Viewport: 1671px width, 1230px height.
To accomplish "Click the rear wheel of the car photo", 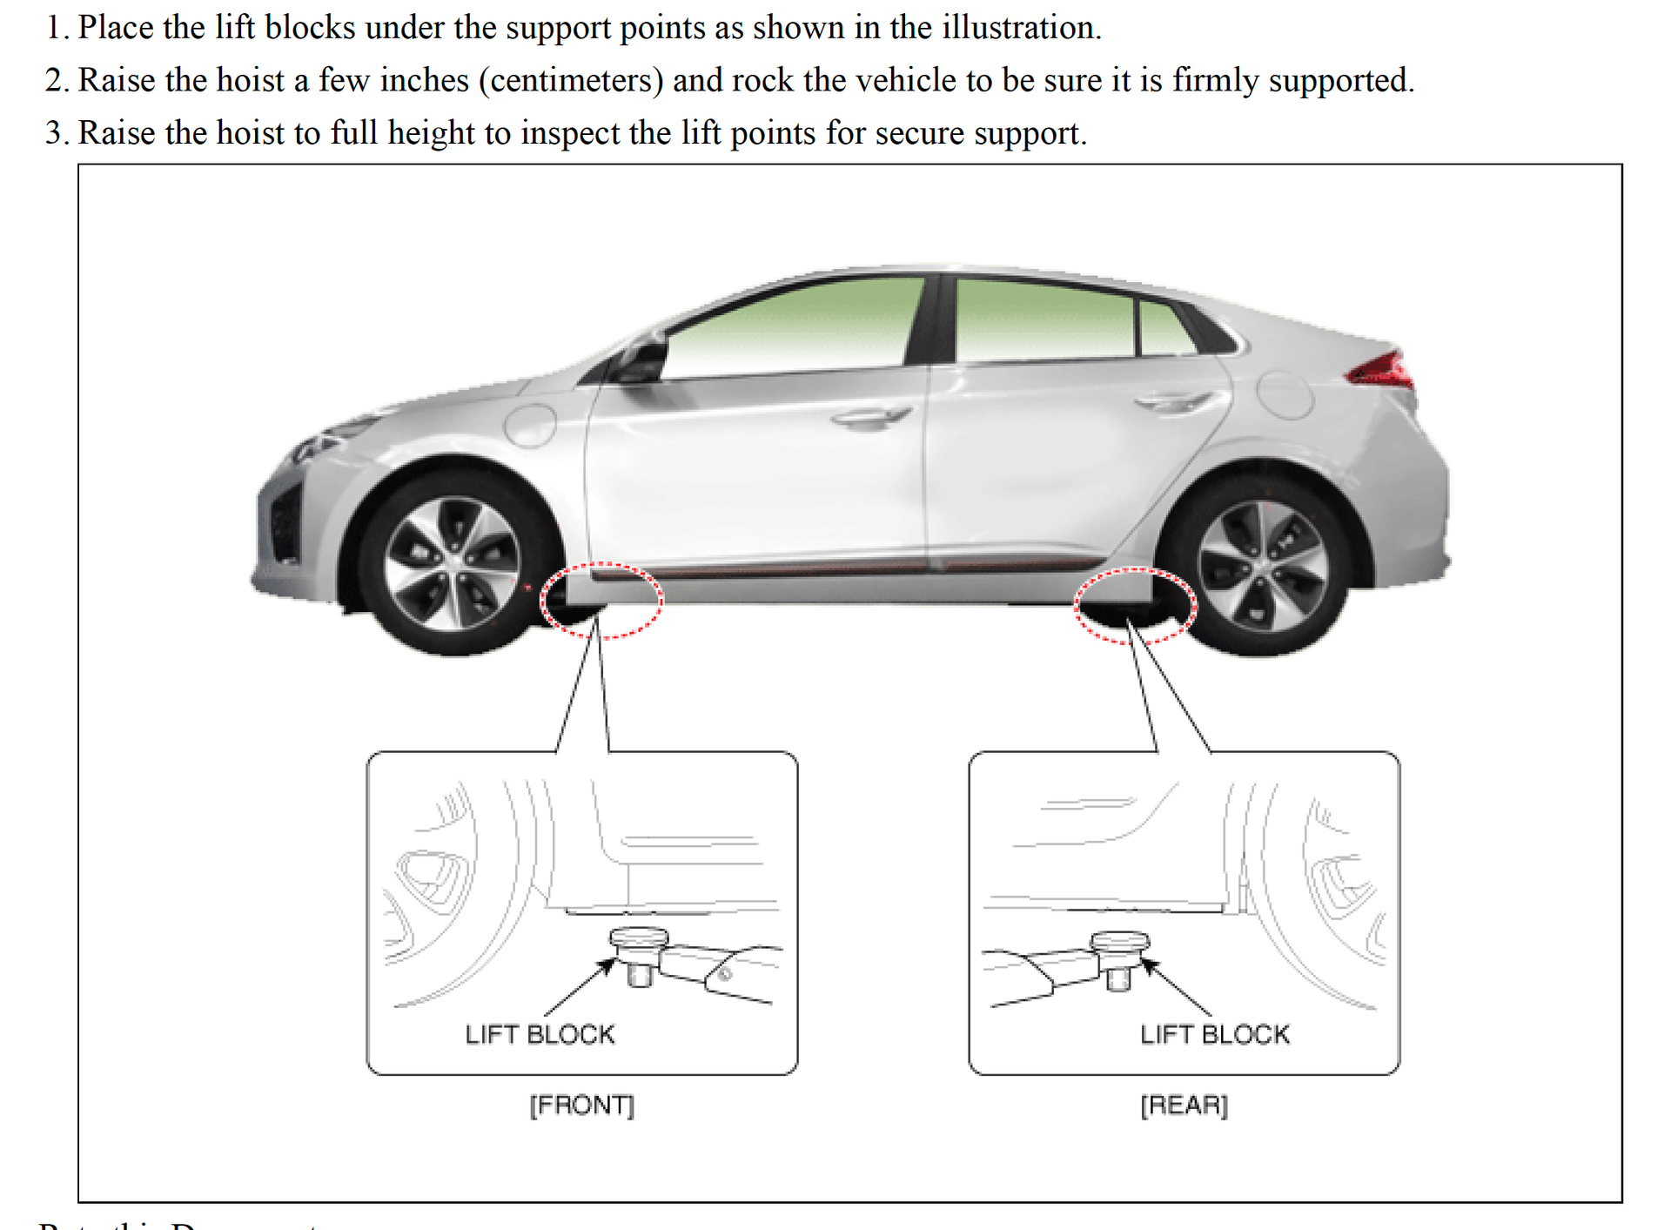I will point(1263,566).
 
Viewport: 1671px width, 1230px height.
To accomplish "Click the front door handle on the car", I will point(871,418).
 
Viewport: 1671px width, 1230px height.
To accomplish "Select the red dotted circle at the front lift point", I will point(601,601).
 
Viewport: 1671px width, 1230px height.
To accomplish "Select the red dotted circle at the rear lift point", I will point(1135,606).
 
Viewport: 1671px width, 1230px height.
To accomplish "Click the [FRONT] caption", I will point(582,1105).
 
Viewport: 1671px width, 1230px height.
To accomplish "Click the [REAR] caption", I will point(1184,1105).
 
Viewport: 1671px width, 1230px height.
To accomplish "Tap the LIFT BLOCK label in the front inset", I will point(540,1034).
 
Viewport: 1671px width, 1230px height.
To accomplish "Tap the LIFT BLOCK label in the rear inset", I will point(1215,1034).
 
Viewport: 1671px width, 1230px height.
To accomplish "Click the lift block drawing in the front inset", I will point(639,954).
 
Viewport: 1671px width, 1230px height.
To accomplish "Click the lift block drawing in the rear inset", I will point(1120,958).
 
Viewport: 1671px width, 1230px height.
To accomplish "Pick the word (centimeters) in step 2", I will point(571,80).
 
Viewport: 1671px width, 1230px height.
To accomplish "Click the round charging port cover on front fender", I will point(531,425).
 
